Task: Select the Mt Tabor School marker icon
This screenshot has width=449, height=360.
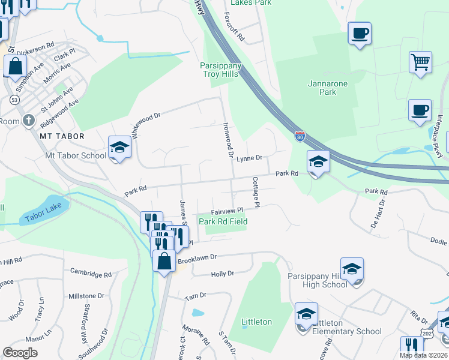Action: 119,148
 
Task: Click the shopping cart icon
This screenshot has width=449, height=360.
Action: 420,62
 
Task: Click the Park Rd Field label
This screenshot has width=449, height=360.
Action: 223,221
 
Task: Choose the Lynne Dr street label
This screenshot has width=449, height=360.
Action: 249,158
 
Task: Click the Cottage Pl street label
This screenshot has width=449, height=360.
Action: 255,192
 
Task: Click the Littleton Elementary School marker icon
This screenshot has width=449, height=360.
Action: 306,314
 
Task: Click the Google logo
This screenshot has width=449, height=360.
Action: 20,353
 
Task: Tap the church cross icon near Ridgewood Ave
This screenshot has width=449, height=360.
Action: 28,121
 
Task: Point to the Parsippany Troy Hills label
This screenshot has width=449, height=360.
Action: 220,70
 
